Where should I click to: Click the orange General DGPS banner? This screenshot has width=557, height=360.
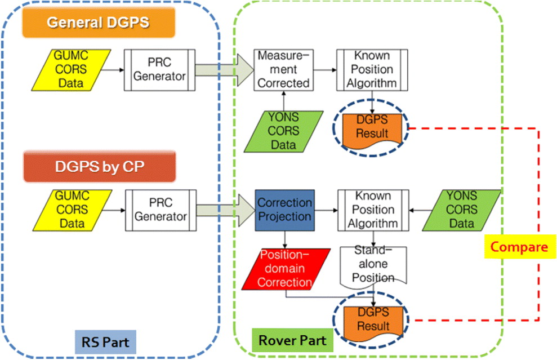[x=99, y=23]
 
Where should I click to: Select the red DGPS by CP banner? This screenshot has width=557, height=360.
[x=100, y=167]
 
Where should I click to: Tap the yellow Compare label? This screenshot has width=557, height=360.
[x=520, y=247]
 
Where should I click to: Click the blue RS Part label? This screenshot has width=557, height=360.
[x=105, y=342]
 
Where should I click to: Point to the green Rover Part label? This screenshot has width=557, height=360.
[x=292, y=340]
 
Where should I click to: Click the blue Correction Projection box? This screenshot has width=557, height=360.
[x=284, y=210]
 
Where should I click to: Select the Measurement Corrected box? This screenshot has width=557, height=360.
[x=283, y=70]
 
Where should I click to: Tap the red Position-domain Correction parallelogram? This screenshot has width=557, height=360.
[x=286, y=269]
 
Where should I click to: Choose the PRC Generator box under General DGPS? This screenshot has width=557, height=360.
[x=159, y=70]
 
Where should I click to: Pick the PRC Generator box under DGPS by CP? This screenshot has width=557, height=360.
[x=161, y=210]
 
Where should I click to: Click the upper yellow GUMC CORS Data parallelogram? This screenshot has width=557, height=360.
[x=71, y=70]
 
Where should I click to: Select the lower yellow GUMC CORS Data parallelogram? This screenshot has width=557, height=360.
[x=72, y=210]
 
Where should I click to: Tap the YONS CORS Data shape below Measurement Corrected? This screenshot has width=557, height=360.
[x=283, y=131]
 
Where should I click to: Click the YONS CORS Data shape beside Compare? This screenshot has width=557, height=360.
[x=461, y=210]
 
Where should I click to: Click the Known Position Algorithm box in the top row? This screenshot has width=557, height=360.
[x=372, y=70]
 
